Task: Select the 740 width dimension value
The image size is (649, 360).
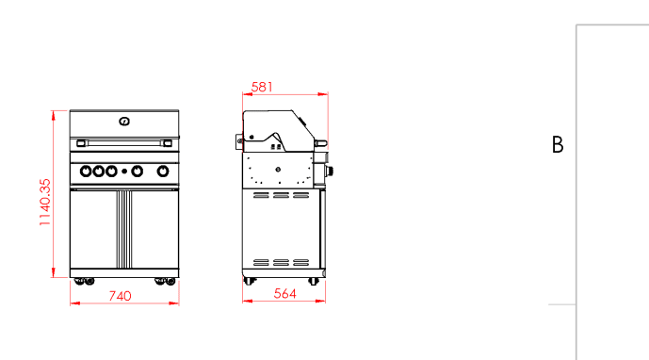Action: (120, 295)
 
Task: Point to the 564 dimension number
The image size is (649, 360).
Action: (284, 294)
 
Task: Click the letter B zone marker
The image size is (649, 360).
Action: (558, 145)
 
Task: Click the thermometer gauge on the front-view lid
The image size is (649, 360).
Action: (124, 121)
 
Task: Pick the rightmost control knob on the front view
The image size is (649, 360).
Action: (163, 172)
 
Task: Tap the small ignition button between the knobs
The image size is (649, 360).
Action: (124, 172)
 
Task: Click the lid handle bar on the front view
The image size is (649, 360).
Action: (124, 142)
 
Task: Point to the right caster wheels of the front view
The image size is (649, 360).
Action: (164, 280)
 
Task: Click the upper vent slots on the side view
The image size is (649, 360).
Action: (281, 196)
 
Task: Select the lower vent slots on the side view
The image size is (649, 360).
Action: (281, 261)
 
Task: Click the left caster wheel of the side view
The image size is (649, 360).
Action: (250, 281)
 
